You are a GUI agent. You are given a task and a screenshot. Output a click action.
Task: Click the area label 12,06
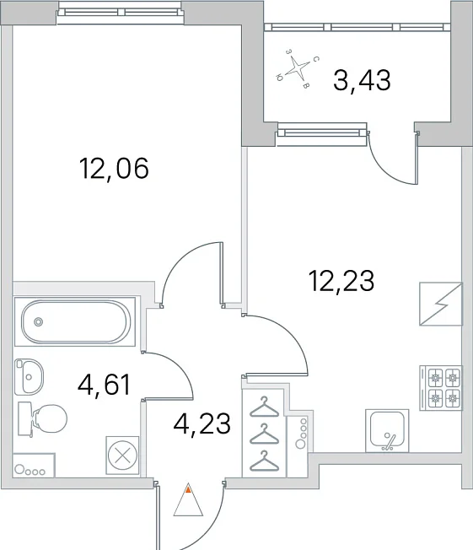pyautogui.click(x=115, y=169)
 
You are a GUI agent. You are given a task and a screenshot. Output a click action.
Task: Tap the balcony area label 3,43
pyautogui.click(x=362, y=80)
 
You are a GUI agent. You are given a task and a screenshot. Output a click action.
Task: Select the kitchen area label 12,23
pyautogui.click(x=341, y=281)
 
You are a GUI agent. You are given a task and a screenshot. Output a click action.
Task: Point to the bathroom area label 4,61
pyautogui.click(x=105, y=385)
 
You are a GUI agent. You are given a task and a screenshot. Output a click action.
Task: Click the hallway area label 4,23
pyautogui.click(x=202, y=423)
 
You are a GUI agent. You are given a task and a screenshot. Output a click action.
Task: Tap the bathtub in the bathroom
pyautogui.click(x=75, y=321)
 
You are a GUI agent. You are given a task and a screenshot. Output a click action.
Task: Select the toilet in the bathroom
pyautogui.click(x=42, y=419)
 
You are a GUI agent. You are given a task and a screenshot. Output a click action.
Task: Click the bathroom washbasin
pyautogui.click(x=30, y=376)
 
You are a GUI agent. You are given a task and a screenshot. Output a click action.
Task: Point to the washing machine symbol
pyautogui.click(x=122, y=456)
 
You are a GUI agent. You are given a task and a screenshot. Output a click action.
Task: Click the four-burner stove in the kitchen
pyautogui.click(x=442, y=388)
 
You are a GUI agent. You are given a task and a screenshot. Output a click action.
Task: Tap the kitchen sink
pyautogui.click(x=387, y=431)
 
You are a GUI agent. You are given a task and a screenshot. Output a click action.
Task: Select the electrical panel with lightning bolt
pyautogui.click(x=441, y=304)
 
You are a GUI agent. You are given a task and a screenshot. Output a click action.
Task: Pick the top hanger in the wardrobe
pyautogui.click(x=264, y=407)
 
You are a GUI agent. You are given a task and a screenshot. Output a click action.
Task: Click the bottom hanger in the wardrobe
pyautogui.click(x=264, y=461)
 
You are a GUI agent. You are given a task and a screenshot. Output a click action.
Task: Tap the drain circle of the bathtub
pyautogui.click(x=39, y=321)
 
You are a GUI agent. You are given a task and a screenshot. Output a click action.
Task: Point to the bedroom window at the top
pyautogui.click(x=121, y=13)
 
